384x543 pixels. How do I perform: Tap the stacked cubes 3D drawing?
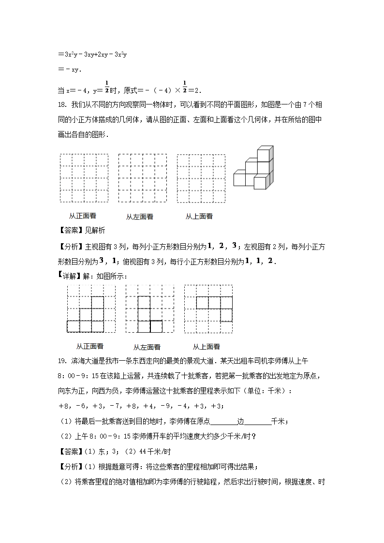pos(254,167)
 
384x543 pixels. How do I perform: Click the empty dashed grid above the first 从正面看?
pos(84,178)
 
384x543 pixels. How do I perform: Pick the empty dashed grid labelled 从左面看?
pos(142,178)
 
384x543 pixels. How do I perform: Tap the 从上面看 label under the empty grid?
pos(199,216)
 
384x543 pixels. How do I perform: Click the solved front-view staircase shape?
pos(86,315)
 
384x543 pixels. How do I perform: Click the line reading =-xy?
pos(70,69)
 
